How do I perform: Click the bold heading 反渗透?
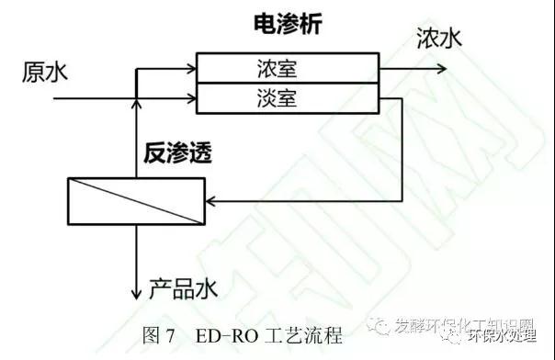(x=177, y=154)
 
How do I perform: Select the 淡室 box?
(x=289, y=95)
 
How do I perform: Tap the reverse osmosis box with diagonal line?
(x=136, y=199)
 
